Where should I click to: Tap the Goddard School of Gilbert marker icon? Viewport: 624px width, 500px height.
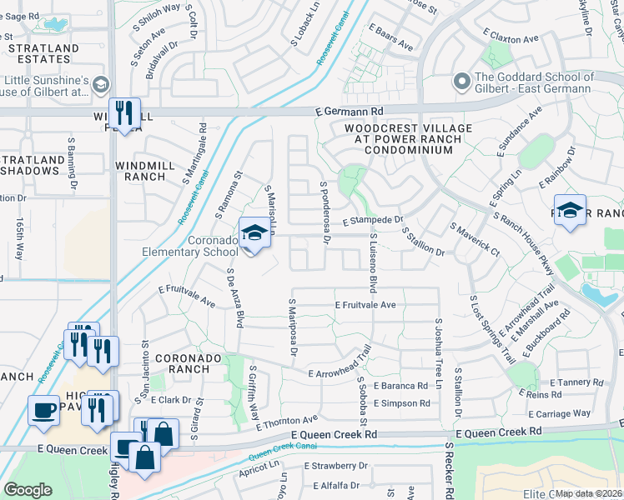point(460,82)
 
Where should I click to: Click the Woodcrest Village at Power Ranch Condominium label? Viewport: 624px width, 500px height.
point(408,139)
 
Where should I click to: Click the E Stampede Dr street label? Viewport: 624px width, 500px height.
point(373,222)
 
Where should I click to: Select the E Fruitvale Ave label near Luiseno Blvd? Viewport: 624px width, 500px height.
point(365,306)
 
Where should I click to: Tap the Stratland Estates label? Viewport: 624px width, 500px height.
point(43,54)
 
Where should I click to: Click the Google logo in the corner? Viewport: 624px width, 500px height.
point(28,490)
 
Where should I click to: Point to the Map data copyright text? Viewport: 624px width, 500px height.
point(589,493)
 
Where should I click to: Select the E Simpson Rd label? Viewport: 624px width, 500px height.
point(401,403)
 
